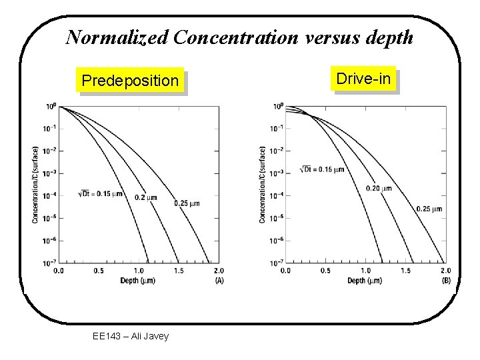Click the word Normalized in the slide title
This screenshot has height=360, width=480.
click(x=117, y=37)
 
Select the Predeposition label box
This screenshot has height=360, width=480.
click(x=130, y=81)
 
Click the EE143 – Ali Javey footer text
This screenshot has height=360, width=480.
click(x=131, y=336)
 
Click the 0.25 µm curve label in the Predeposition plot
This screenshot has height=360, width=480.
click(x=186, y=203)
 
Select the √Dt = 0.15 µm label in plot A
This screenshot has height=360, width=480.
click(x=101, y=193)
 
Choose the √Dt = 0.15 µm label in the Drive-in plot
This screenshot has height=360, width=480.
click(x=323, y=169)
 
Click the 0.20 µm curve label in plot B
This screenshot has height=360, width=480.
click(x=378, y=188)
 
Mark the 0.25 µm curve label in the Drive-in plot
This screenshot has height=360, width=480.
click(x=429, y=209)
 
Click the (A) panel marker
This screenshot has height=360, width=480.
click(x=219, y=280)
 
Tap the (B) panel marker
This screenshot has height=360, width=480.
click(x=446, y=281)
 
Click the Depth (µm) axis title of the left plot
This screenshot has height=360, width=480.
click(x=138, y=280)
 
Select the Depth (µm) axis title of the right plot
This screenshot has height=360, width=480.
click(x=365, y=281)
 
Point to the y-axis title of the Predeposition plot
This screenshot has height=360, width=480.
click(x=35, y=185)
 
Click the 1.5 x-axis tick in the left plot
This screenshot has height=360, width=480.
click(x=179, y=271)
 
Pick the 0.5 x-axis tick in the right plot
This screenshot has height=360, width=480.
click(x=325, y=271)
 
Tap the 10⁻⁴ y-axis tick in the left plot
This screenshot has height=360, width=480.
click(x=50, y=196)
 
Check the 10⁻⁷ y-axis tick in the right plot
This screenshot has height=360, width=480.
click(x=277, y=263)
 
